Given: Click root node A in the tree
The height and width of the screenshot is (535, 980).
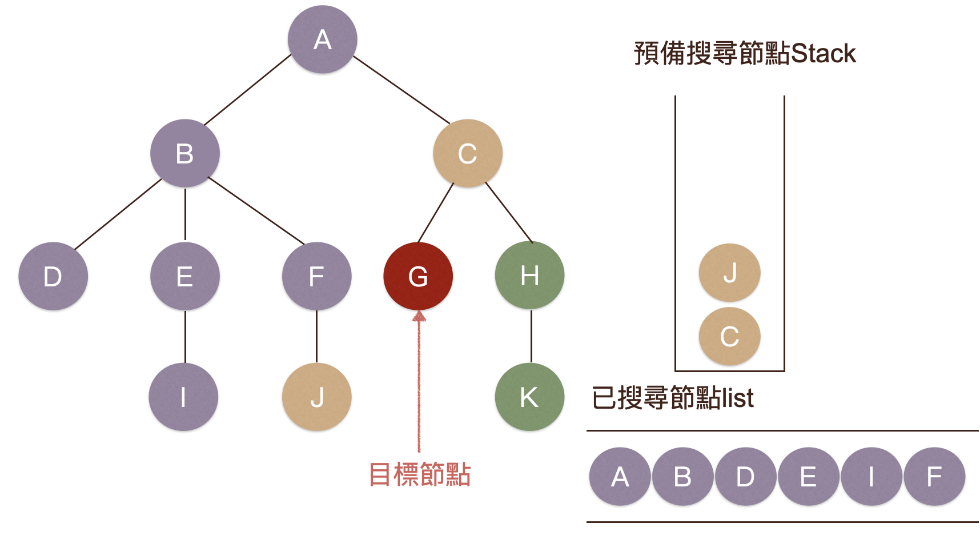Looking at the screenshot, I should coord(323,39).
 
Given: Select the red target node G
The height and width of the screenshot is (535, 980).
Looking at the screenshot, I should coord(418,277).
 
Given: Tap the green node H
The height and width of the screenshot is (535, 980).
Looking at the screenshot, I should coord(529,276).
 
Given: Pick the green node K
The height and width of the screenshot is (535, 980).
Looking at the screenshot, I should coord(529,397).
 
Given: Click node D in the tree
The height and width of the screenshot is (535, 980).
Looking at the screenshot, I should coord(53,277).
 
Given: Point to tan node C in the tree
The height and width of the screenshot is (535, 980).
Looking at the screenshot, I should coord(468,153).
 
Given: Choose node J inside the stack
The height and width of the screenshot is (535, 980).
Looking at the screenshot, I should coord(730,273).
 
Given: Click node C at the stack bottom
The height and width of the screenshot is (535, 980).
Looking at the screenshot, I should coord(730,336).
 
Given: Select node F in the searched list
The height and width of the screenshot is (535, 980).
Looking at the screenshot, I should coord(934,477).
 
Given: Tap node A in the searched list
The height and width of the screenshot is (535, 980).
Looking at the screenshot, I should coord(620,477).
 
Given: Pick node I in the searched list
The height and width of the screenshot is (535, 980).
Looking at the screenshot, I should coord(871,477).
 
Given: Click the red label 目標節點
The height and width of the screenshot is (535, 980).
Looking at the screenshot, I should coord(420,474).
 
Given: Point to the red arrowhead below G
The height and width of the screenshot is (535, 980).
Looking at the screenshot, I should coord(419,316).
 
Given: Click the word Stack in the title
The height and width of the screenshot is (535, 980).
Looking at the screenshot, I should coord(824,54).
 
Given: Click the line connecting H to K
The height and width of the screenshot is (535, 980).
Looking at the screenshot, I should coord(531,336).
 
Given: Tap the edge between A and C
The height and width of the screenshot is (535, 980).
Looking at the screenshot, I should coord(401,90).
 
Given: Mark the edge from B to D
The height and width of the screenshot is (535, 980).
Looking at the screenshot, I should coord(118,214).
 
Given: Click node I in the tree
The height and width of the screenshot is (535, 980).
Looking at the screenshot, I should coord(183,397).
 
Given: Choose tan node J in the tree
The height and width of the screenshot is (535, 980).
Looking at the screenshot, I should coord(317,397).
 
